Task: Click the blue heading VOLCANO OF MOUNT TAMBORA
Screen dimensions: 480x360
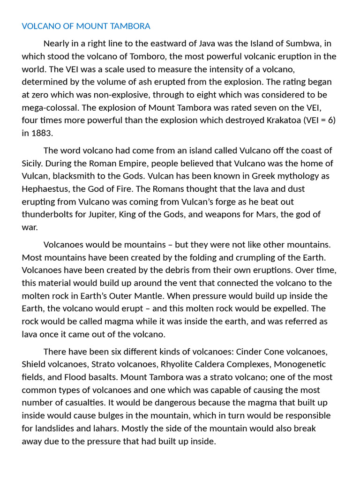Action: [x=86, y=26]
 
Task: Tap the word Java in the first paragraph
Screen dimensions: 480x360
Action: [x=208, y=44]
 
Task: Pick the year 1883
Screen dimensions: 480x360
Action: [x=42, y=133]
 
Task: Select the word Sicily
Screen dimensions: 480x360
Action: [x=33, y=164]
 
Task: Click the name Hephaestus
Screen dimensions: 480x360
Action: [x=46, y=189]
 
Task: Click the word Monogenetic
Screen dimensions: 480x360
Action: [x=300, y=364]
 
